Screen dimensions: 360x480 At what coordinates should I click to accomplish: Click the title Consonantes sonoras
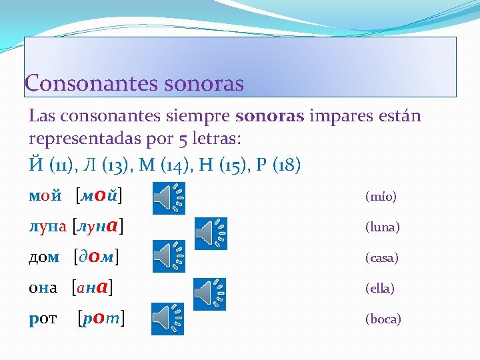[x=134, y=84]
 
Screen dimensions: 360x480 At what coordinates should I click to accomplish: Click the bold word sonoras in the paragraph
[x=269, y=116]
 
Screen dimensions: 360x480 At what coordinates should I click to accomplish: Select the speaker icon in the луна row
[x=211, y=233]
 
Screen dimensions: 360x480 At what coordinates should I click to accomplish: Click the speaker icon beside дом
[x=169, y=255]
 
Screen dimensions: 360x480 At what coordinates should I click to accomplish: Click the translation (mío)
[x=381, y=197]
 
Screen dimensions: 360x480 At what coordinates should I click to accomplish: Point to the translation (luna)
[x=382, y=227]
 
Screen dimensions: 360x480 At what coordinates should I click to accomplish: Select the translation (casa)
[x=382, y=258]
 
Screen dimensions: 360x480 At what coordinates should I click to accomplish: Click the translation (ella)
[x=380, y=289]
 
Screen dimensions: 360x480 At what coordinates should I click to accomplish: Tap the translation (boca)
[x=383, y=319]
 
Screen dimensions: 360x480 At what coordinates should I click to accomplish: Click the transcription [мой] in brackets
[x=103, y=196]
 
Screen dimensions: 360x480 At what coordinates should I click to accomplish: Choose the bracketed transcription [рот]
[x=102, y=318]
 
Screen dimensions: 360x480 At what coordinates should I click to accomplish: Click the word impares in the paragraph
[x=338, y=116]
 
